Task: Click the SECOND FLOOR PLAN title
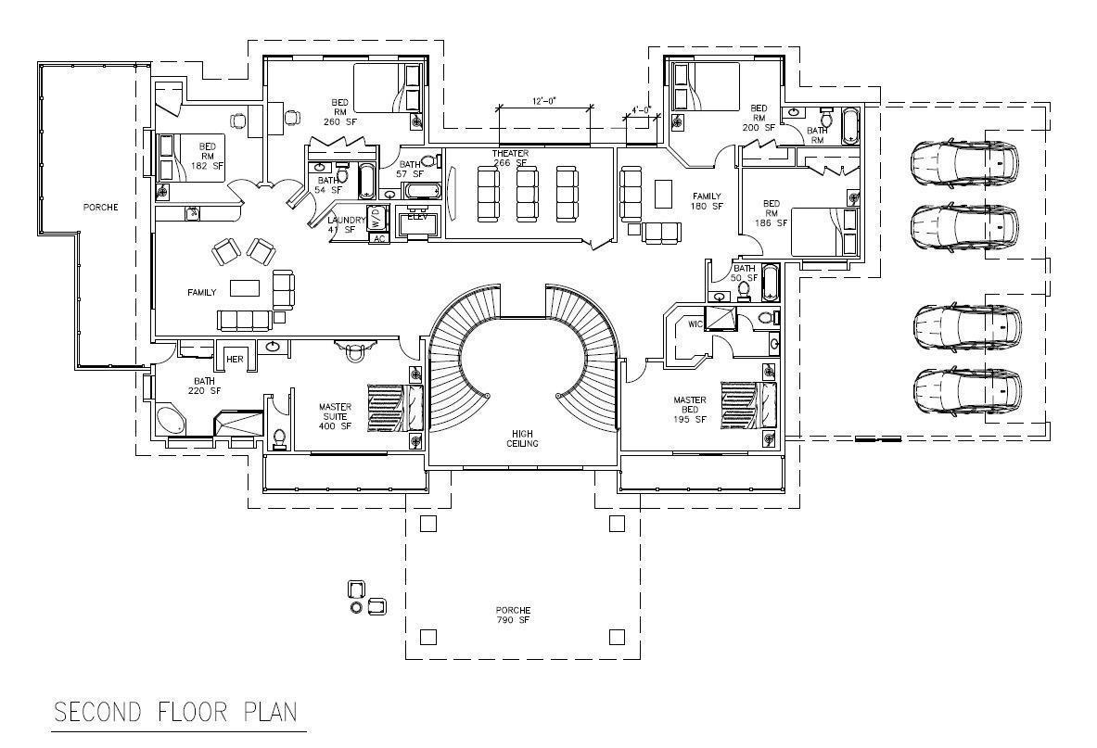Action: pos(175,712)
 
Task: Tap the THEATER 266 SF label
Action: pos(510,158)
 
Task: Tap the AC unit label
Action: pos(377,238)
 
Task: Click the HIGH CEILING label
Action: pos(523,437)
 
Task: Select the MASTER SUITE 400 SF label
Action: pos(335,415)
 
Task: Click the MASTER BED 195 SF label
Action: pos(690,410)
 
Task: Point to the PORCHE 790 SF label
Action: pos(512,615)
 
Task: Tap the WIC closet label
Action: pos(695,324)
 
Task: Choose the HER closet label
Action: pos(235,360)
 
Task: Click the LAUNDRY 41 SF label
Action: pos(347,224)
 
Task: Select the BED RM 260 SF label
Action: pos(339,111)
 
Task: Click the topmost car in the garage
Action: pos(963,164)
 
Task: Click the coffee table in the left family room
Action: pos(245,287)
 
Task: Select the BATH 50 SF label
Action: pos(745,273)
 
